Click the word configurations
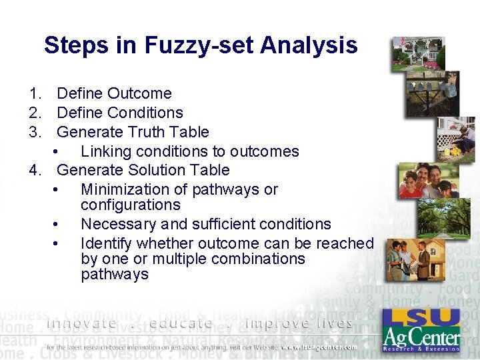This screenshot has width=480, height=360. point(130,205)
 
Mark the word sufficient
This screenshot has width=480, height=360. point(214,224)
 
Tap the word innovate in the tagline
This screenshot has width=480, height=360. point(81,323)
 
